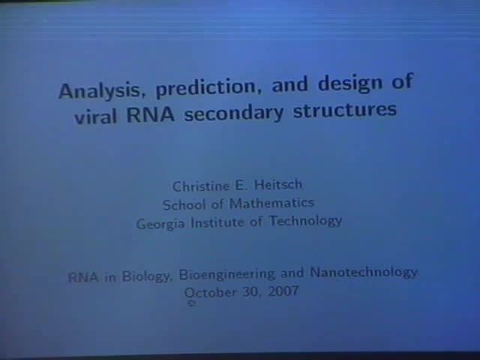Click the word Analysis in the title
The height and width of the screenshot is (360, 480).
tap(103, 91)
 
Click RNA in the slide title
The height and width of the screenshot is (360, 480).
tap(153, 115)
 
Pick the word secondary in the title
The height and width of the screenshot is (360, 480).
tap(240, 113)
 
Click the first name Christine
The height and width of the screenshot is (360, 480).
tap(201, 186)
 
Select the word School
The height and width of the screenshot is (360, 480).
tap(184, 204)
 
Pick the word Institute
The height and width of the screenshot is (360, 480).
tap(225, 222)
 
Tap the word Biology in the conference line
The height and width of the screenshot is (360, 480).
tap(147, 276)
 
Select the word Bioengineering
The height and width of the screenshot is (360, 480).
tap(226, 275)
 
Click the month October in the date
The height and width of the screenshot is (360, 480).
tap(212, 292)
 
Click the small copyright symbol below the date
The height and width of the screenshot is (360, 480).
tap(191, 304)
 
